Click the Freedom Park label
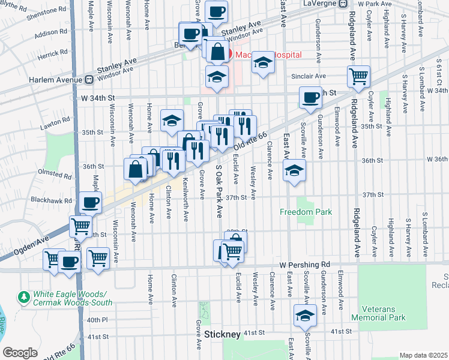(x=306, y=212)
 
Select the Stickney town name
(x=222, y=334)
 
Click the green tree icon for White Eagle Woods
(x=24, y=297)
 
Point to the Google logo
(x=20, y=353)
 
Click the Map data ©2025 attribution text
(x=423, y=355)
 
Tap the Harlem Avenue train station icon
(x=88, y=79)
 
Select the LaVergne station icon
(x=342, y=4)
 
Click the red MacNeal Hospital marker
(x=229, y=55)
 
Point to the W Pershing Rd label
(x=305, y=265)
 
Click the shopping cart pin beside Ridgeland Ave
(x=358, y=76)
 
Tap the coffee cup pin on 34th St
(x=311, y=97)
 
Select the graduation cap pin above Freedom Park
(x=295, y=170)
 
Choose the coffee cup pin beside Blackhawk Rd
(x=91, y=202)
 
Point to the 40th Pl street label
(x=97, y=320)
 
